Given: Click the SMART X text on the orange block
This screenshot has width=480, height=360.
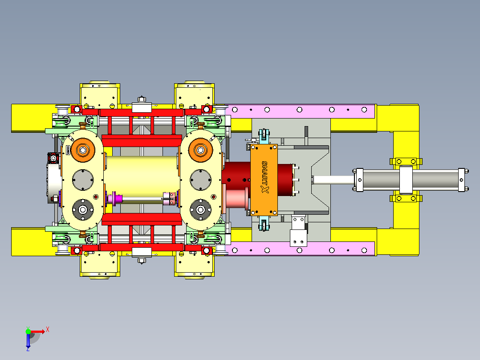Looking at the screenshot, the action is click(265, 177).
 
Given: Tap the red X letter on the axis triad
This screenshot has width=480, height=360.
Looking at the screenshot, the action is click(48, 330).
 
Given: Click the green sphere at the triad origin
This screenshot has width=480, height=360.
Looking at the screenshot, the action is click(28, 331).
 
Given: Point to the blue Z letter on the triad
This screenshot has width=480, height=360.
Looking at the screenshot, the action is click(28, 349).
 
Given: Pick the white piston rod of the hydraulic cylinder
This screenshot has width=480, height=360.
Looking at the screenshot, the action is click(333, 180).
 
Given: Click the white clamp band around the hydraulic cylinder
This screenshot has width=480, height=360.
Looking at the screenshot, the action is click(406, 180).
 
